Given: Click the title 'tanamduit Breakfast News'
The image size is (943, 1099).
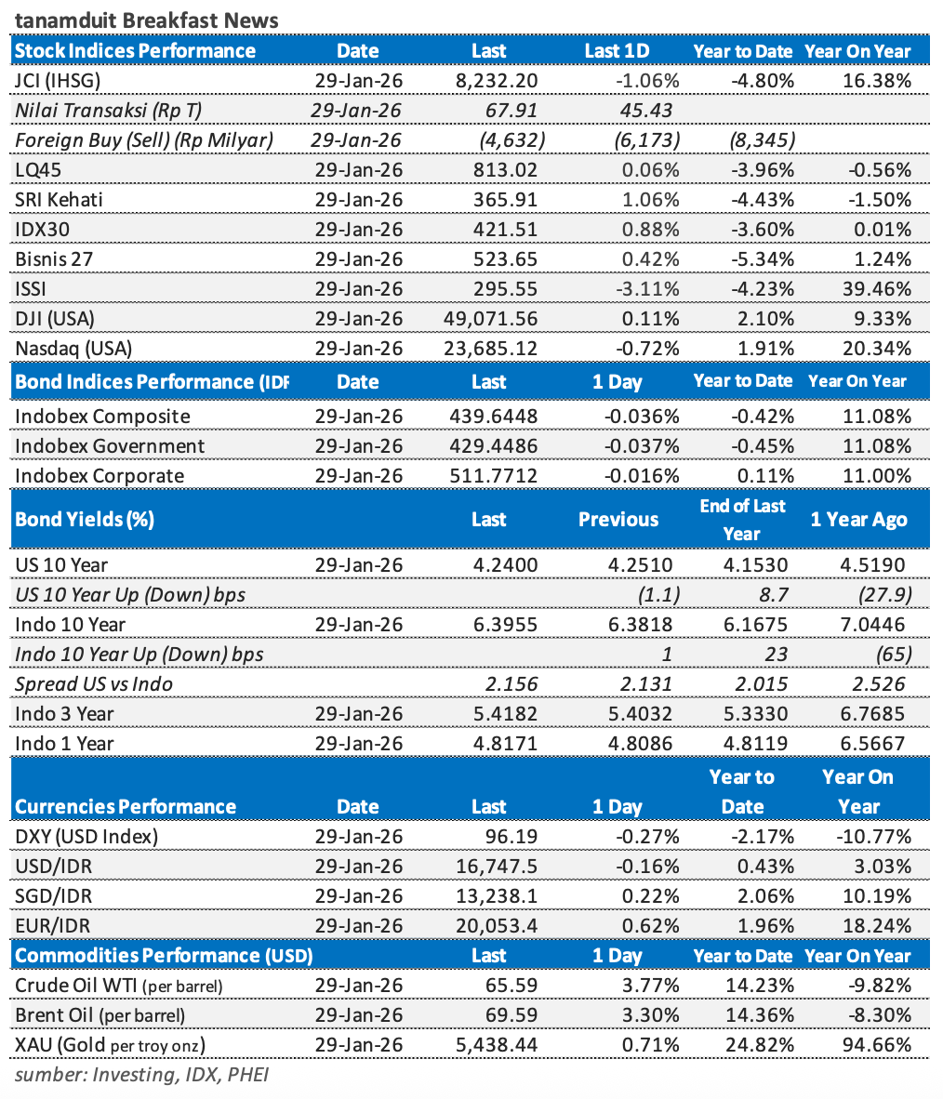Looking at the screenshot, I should pyautogui.click(x=146, y=20).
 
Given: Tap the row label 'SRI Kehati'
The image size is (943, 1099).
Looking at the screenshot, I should pyautogui.click(x=60, y=200).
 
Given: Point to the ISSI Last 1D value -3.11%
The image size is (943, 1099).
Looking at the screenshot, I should pyautogui.click(x=647, y=289).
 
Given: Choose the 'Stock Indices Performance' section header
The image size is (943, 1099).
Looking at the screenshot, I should pyautogui.click(x=136, y=51).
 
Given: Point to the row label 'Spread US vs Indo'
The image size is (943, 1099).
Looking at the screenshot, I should pyautogui.click(x=94, y=684).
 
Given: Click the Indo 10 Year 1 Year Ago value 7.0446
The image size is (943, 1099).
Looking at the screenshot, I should pyautogui.click(x=873, y=625).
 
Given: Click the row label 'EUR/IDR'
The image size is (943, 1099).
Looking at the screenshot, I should pyautogui.click(x=53, y=926).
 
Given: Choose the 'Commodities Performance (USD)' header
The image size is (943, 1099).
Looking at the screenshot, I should pyautogui.click(x=165, y=956).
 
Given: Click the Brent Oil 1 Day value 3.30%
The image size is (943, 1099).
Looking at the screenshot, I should pyautogui.click(x=650, y=1015).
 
